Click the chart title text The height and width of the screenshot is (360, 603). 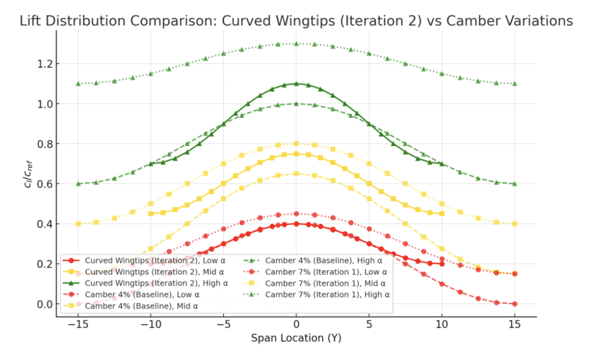point(296,21)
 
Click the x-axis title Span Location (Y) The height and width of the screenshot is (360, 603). point(296,338)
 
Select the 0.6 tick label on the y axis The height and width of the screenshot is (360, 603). point(46,184)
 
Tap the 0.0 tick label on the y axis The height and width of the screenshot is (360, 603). point(46,304)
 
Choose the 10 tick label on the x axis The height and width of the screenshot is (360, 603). point(441,325)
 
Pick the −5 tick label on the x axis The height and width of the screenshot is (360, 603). point(223,325)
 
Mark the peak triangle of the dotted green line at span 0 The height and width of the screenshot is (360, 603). point(296,44)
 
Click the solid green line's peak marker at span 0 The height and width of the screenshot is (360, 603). point(296,84)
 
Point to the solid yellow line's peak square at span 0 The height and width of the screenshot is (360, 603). point(296,154)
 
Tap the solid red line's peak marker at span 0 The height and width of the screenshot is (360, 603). point(296,224)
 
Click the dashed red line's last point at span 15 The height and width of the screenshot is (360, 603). point(514,304)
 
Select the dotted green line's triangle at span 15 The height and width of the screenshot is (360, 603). point(514,84)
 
